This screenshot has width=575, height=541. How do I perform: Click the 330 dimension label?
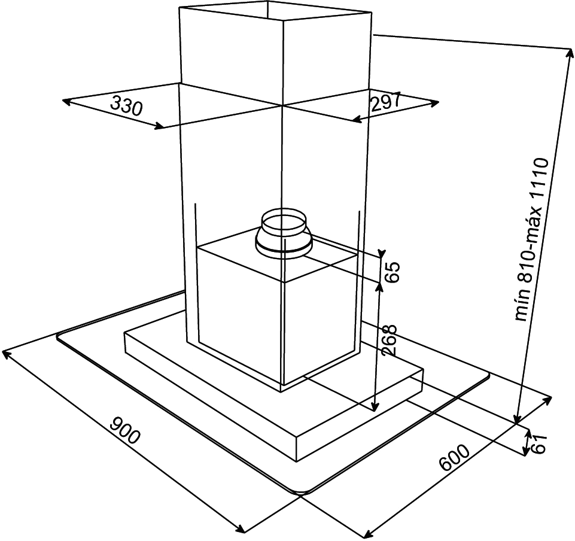(x=126, y=106)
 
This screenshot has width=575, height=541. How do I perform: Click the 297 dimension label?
(x=385, y=101)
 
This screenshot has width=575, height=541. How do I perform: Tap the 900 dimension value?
(x=125, y=430)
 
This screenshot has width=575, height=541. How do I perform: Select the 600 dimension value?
(x=454, y=458)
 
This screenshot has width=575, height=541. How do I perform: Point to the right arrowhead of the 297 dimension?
(x=434, y=103)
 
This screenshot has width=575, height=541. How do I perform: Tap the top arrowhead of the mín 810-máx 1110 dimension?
(x=570, y=53)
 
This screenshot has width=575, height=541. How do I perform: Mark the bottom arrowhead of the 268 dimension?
(x=375, y=407)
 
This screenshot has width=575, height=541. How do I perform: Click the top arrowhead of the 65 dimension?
(x=382, y=254)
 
